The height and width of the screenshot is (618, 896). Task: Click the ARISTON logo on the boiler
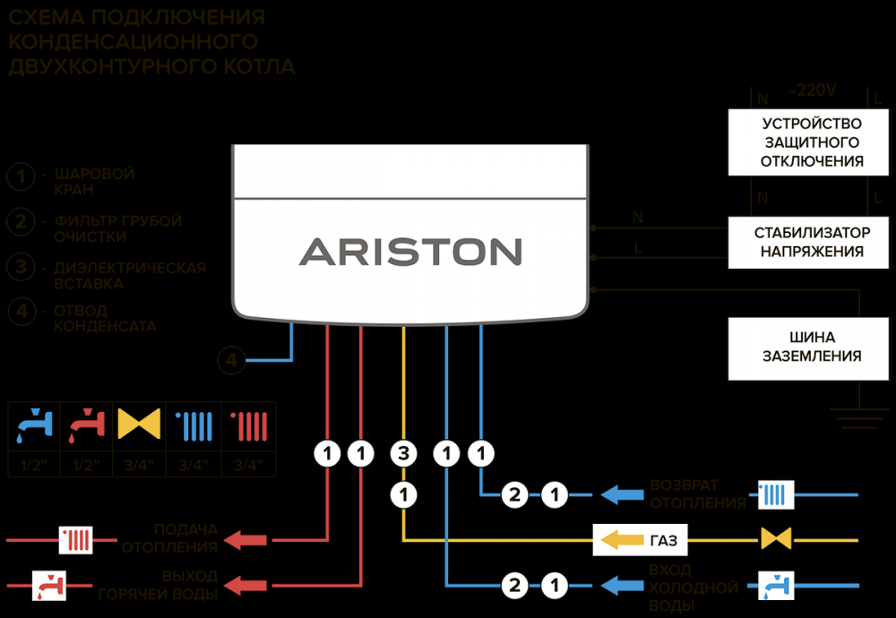pos(410,251)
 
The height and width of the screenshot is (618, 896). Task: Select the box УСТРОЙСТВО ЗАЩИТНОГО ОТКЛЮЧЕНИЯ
pos(812,142)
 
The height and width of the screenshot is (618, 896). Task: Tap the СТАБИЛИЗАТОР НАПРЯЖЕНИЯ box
pos(812,242)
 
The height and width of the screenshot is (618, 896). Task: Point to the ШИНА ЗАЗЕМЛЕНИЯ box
pos(812,348)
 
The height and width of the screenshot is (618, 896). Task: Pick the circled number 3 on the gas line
pos(404,455)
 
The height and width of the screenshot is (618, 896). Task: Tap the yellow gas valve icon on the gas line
pos(776,539)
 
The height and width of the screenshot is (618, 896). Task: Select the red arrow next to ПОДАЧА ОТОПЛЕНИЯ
pos(246,540)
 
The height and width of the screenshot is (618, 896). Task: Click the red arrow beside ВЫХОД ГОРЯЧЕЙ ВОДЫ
pos(246,587)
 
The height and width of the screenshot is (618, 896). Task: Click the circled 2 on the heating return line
pos(514,494)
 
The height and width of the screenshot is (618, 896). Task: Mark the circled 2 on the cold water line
pos(514,587)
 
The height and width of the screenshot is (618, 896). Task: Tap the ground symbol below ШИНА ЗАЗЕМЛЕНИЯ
pos(858,414)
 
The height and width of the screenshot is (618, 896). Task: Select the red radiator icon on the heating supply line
pos(75,540)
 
